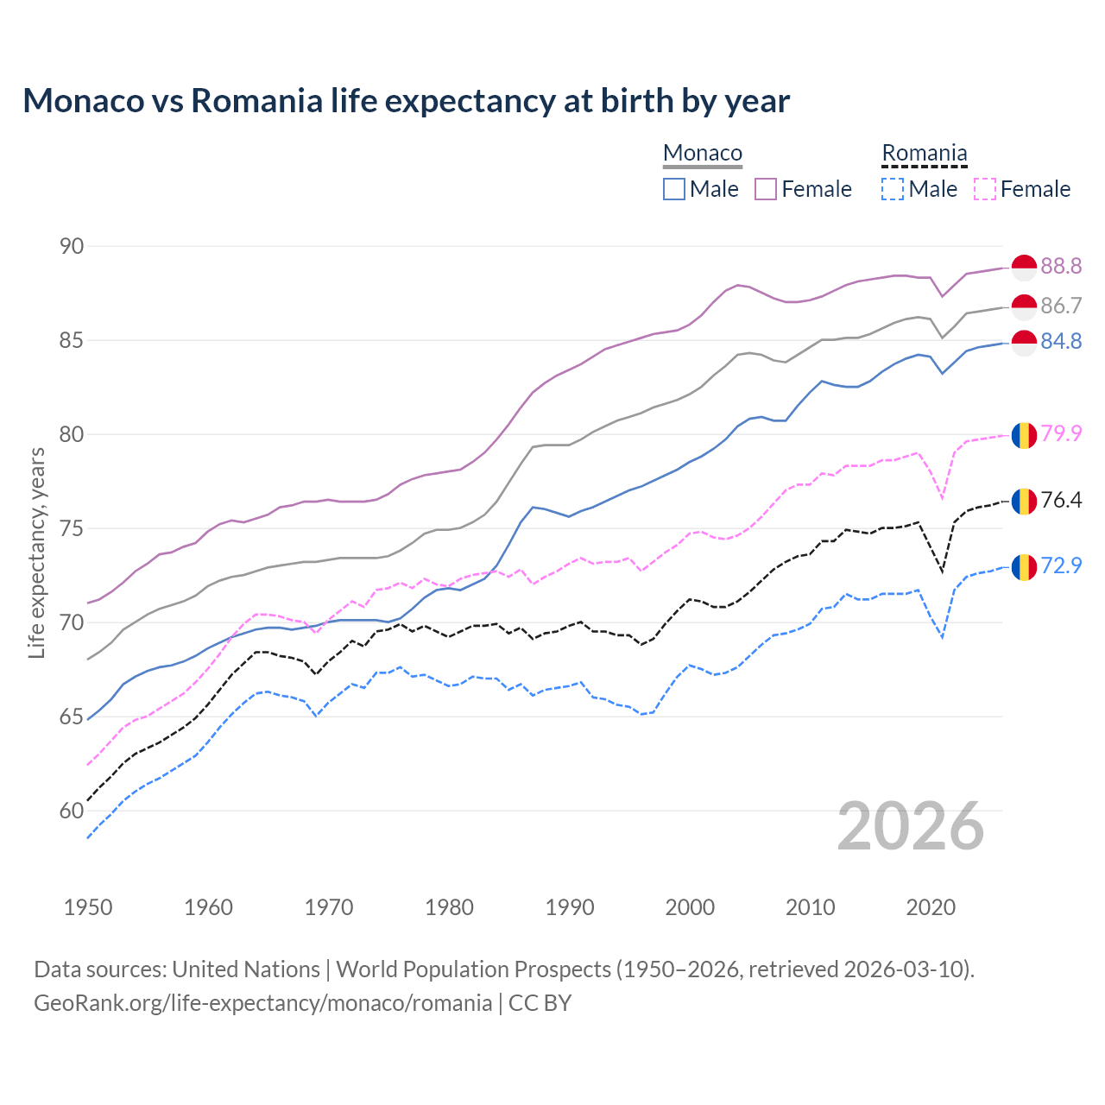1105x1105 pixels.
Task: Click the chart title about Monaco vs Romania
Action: pos(406,101)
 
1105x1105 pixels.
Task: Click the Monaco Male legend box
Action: pos(674,189)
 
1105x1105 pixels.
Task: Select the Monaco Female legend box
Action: pos(766,189)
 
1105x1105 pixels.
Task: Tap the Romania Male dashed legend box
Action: pos(893,189)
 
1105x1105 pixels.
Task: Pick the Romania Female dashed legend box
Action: pos(985,189)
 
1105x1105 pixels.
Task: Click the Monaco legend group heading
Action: pos(703,154)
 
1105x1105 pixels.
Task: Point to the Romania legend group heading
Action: pos(924,154)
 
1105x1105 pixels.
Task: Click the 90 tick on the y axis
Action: pos(72,247)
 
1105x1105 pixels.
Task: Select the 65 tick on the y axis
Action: pos(72,717)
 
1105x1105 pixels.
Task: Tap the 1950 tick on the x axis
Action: pos(88,907)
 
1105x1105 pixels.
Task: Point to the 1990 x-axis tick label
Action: pos(570,907)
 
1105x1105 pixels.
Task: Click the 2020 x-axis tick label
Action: pos(931,907)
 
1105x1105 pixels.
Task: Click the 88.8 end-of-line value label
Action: pos(1061,267)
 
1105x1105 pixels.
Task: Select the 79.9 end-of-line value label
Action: pos(1061,433)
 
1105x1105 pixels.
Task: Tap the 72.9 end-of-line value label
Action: pos(1061,566)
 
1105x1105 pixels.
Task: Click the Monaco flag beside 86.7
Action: pos(1024,306)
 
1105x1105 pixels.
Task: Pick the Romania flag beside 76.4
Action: pos(1024,501)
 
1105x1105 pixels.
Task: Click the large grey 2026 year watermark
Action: pos(911,826)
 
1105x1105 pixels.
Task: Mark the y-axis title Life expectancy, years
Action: pos(37,552)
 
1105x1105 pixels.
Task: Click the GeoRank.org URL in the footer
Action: pos(262,1003)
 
